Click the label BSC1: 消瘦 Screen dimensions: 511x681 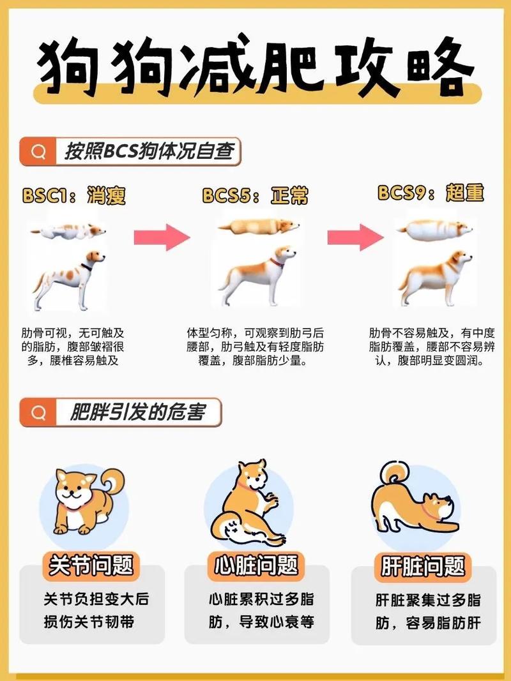[x=74, y=195]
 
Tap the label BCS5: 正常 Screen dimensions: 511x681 [x=255, y=195]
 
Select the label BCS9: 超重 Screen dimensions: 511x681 [x=431, y=192]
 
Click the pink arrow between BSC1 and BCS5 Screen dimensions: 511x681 [x=162, y=237]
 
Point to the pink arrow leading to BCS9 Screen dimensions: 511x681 [x=355, y=237]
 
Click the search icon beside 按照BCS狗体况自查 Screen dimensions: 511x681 [x=38, y=151]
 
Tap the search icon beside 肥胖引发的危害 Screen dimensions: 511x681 [x=38, y=412]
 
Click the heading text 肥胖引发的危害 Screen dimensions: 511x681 [x=137, y=412]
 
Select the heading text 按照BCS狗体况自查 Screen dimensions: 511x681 [x=149, y=151]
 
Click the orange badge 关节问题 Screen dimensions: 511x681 [x=91, y=566]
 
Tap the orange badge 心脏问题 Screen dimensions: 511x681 [x=256, y=566]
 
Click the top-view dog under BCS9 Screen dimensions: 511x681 [x=434, y=229]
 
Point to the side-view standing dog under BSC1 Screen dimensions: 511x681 [x=70, y=280]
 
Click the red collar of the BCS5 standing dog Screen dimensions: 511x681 [x=277, y=262]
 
